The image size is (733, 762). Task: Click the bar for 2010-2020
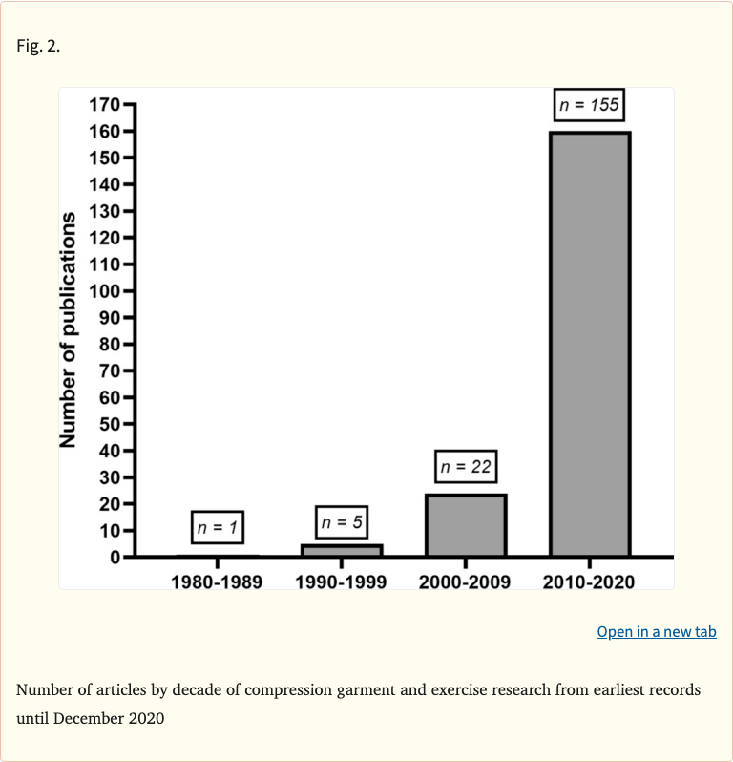[589, 344]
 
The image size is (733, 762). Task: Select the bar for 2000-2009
[466, 525]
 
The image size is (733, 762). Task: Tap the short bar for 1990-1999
[341, 550]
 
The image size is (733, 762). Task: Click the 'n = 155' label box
[589, 105]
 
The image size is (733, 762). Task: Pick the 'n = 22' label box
[466, 467]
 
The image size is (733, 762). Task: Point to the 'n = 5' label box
[341, 522]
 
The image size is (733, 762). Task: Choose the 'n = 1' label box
[217, 527]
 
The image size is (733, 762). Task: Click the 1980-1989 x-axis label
[217, 582]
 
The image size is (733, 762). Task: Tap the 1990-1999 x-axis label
[341, 582]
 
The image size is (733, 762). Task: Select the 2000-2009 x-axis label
[466, 582]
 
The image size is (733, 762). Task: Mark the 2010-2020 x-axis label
[589, 582]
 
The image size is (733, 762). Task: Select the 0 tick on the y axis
[114, 557]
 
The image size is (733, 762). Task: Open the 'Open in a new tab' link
[656, 632]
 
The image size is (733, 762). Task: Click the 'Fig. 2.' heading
[38, 46]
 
